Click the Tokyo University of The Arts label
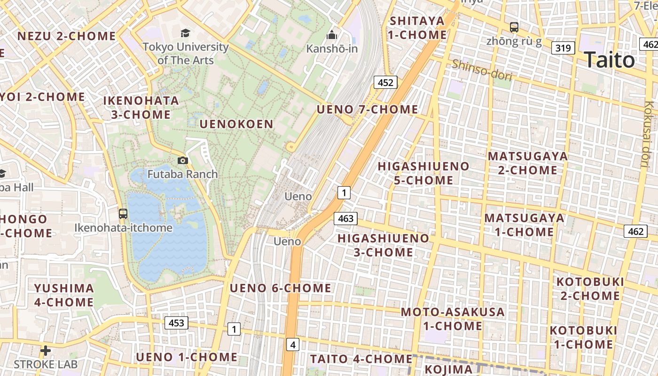[186, 54]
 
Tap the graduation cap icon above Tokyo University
[186, 33]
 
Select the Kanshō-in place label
[332, 48]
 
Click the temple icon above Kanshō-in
[332, 35]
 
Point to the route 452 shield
[385, 83]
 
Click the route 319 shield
[563, 48]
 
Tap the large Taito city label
[609, 60]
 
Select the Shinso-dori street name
[482, 70]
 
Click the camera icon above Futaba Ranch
[183, 161]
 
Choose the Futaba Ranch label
[183, 174]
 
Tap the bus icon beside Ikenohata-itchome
[123, 214]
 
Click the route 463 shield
[345, 219]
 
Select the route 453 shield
[176, 323]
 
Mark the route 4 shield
[293, 345]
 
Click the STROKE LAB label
[46, 364]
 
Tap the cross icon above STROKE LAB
[46, 350]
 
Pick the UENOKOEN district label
[236, 124]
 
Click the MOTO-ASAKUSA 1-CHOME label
[452, 319]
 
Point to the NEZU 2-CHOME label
[67, 36]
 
